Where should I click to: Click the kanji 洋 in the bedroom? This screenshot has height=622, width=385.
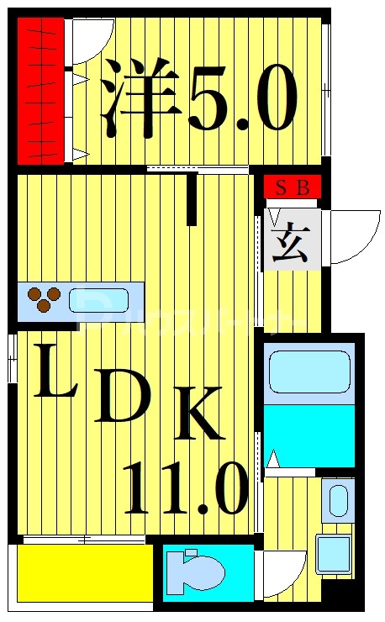tap(140, 102)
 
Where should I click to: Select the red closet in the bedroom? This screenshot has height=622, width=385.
tap(41, 92)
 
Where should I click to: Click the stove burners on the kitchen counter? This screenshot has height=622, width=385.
tap(45, 298)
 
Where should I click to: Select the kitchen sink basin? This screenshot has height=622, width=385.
tap(98, 301)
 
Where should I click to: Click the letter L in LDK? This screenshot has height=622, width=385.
tap(56, 375)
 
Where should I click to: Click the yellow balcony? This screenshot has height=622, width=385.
tap(84, 572)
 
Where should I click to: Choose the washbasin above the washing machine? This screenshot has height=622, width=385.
tap(337, 501)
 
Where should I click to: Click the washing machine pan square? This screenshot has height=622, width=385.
tap(334, 553)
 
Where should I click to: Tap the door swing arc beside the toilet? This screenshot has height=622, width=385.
tap(281, 577)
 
